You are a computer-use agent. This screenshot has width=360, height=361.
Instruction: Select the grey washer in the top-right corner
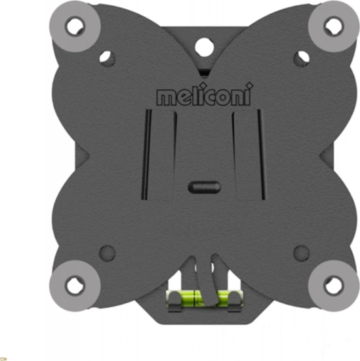332,26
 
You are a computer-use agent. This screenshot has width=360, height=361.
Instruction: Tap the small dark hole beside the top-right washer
301,57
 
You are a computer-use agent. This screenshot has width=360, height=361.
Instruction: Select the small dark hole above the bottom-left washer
107,252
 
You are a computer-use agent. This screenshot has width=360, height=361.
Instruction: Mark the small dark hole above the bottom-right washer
300,252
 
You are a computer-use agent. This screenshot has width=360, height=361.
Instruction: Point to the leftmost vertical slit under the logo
148,154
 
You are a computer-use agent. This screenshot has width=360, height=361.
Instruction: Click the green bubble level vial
203,297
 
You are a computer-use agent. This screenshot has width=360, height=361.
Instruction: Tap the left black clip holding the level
173,300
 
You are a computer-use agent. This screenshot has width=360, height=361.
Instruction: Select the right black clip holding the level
234,300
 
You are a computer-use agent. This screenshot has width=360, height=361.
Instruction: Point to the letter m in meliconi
167,98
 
